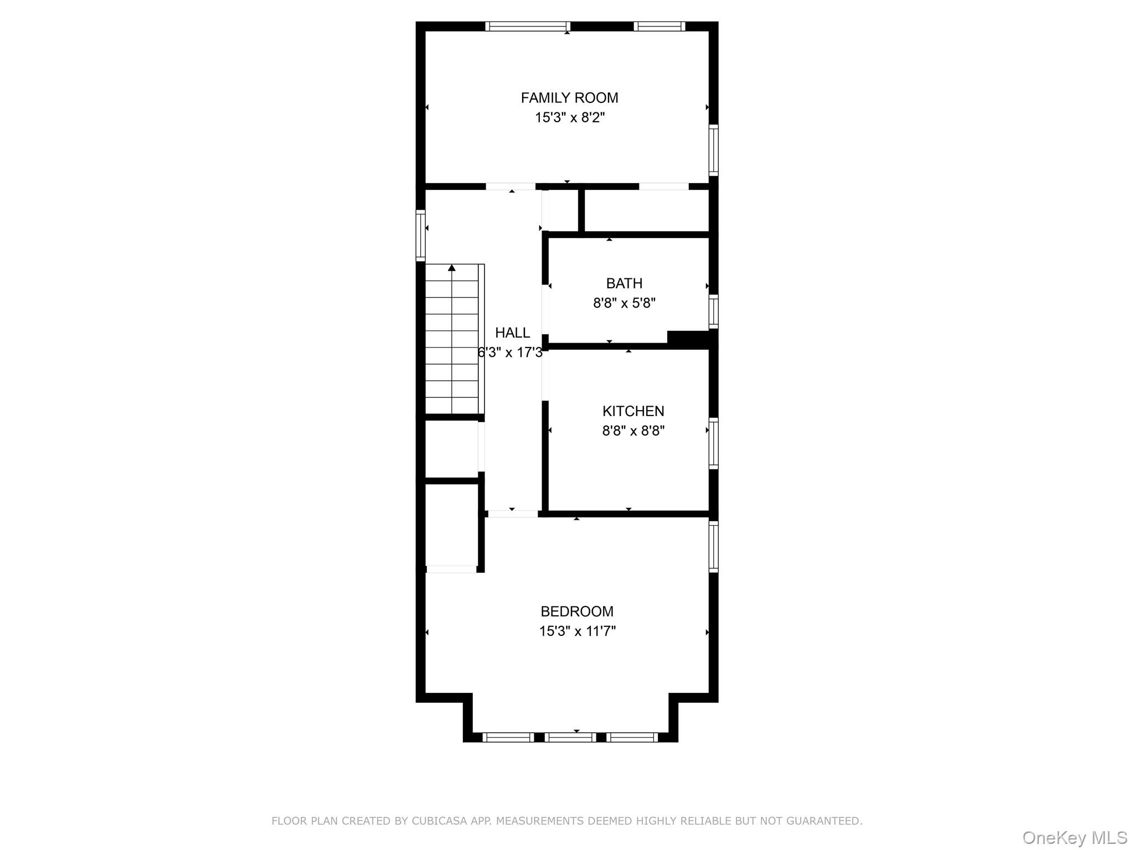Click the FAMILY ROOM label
[x=569, y=98]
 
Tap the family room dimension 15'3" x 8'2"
[x=570, y=118]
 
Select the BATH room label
[x=624, y=283]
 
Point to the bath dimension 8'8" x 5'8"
[x=625, y=303]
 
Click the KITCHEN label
[x=633, y=411]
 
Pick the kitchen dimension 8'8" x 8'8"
[x=633, y=431]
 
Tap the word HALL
[x=512, y=333]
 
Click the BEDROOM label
[x=577, y=611]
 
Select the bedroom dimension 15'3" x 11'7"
[x=578, y=631]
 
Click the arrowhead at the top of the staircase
[x=452, y=268]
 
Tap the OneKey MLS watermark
[x=1075, y=837]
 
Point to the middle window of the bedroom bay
[x=570, y=737]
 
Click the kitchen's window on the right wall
[x=714, y=443]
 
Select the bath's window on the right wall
[x=714, y=312]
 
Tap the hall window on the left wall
[x=421, y=235]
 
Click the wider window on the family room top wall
[x=528, y=26]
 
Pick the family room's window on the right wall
[x=714, y=150]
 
